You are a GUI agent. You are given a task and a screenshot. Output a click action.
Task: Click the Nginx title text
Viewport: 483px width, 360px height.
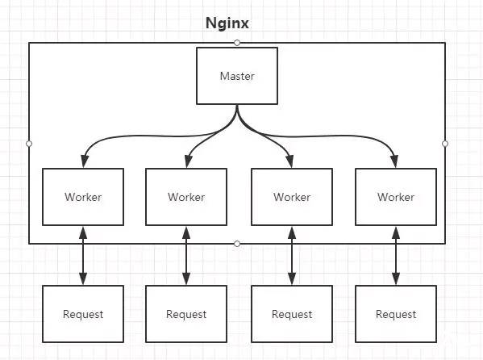point(227,23)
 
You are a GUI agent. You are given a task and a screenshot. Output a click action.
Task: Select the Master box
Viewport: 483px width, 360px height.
point(237,76)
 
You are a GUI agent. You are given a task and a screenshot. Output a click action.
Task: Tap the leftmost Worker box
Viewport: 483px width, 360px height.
point(83,197)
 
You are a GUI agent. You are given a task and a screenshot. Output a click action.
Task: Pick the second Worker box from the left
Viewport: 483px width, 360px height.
point(186,197)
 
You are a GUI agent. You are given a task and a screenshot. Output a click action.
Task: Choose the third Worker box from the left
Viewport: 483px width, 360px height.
point(292,197)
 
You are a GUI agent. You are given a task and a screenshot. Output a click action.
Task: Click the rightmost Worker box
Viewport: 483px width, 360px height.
point(396,197)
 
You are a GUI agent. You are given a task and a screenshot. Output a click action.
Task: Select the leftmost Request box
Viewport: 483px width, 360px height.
point(83,314)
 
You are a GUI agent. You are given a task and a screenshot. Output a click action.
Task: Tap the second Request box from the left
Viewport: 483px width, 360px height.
point(186,314)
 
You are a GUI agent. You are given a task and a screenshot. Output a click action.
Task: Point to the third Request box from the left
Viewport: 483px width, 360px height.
point(292,314)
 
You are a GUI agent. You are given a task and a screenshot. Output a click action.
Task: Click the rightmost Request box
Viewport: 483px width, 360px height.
point(396,314)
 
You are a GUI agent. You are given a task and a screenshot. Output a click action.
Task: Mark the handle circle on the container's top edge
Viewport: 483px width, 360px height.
point(237,43)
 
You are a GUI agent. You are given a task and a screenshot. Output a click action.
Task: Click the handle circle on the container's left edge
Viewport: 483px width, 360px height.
point(29,144)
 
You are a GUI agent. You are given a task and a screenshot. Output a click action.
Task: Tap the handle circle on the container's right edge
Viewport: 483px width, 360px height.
point(445,144)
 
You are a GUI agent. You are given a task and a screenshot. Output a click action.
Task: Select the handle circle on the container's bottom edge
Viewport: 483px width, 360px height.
point(237,244)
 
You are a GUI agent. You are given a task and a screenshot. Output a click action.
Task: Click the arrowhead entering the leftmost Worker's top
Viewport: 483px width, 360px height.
point(85,161)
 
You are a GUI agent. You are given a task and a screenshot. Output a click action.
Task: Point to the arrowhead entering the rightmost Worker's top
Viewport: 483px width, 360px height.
point(394,161)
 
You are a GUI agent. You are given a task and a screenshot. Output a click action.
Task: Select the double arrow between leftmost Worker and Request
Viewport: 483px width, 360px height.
point(83,256)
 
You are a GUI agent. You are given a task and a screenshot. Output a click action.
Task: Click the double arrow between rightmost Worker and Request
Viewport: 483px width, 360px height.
point(396,256)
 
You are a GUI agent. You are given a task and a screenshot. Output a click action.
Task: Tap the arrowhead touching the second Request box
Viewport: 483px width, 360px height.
point(186,278)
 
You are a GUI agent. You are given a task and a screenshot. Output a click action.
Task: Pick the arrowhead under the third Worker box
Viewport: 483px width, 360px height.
point(292,233)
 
